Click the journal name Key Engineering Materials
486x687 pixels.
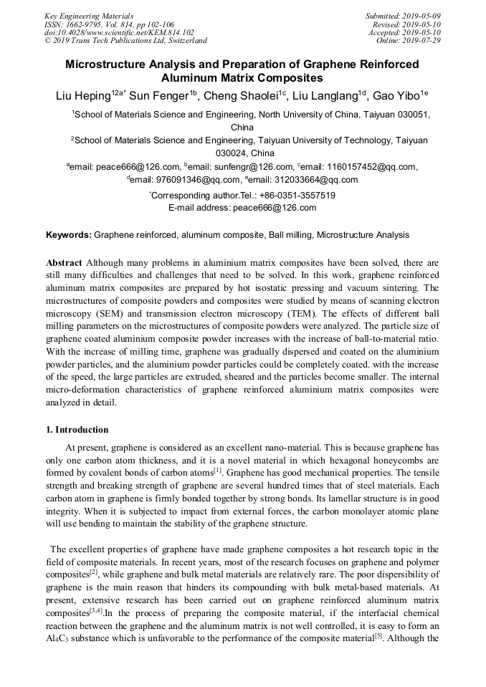pyautogui.click(x=88, y=15)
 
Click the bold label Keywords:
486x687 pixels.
pyautogui.click(x=69, y=234)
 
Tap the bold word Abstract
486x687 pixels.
pyautogui.click(x=65, y=263)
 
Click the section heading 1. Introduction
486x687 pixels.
pyautogui.click(x=77, y=430)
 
